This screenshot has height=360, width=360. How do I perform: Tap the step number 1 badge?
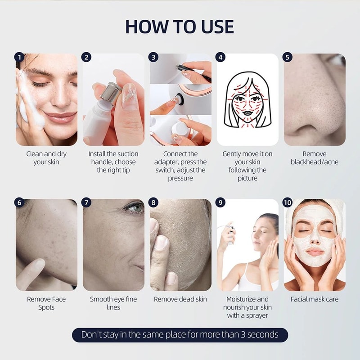tap(19, 57)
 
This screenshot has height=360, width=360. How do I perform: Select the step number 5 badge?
tap(288, 57)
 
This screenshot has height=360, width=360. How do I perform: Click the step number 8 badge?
tap(153, 202)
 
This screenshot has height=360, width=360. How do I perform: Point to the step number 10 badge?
tap(288, 202)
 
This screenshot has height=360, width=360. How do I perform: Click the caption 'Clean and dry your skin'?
tap(46, 158)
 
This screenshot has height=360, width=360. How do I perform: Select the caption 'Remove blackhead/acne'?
tap(315, 158)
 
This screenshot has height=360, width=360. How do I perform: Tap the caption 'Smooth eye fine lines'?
tap(113, 303)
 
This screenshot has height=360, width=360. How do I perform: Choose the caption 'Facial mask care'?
tap(315, 299)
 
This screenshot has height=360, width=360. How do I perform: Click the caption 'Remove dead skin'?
tap(180, 299)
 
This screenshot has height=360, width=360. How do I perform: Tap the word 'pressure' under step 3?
tap(180, 178)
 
